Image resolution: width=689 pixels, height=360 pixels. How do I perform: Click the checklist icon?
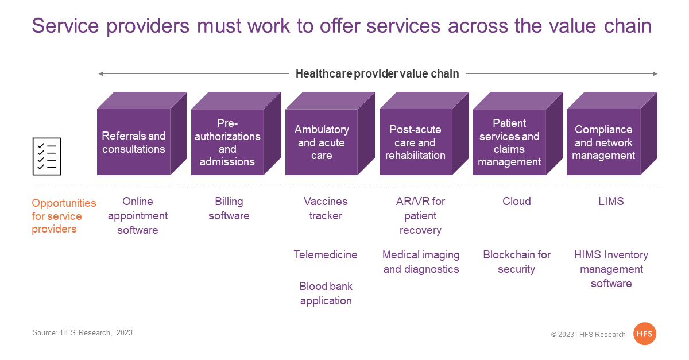[47, 156]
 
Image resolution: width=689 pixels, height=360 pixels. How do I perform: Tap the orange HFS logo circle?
[644, 334]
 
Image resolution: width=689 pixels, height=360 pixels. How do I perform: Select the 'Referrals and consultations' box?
[142, 134]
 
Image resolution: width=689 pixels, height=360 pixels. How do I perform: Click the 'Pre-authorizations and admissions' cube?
[235, 134]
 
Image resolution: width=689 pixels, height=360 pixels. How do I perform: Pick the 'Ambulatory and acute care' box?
[330, 134]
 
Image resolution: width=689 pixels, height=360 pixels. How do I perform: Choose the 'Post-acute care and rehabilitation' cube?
[424, 134]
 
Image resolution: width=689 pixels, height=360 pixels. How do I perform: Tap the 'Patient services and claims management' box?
[518, 134]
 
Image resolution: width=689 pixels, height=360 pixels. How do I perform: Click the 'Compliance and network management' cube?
[612, 134]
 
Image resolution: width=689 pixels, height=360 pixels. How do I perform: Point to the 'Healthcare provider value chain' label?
[377, 74]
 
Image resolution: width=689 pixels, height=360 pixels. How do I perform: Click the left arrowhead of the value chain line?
[100, 74]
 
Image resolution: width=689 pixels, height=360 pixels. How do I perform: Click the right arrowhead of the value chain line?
[655, 74]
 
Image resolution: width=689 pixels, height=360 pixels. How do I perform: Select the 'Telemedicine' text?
[326, 255]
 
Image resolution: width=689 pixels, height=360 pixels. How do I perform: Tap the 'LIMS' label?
[611, 201]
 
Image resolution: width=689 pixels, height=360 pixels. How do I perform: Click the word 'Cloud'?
[516, 201]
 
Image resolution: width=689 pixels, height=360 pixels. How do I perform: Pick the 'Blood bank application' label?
[326, 293]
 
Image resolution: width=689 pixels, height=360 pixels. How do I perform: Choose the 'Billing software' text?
[229, 208]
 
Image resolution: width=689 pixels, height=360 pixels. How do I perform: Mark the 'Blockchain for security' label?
[517, 262]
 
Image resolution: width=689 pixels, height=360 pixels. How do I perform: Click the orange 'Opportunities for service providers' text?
[64, 216]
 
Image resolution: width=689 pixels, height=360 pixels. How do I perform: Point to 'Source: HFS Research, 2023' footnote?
[83, 332]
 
